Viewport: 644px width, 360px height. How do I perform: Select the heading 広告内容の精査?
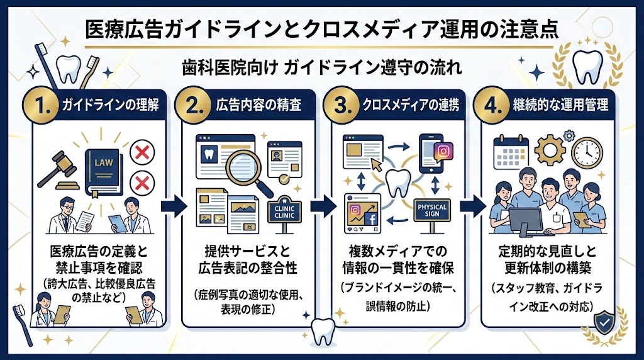[258, 105]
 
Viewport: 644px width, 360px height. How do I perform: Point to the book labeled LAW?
[101, 165]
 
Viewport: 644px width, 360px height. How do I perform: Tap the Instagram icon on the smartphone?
[443, 152]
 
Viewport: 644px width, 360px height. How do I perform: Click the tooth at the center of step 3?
[397, 184]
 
